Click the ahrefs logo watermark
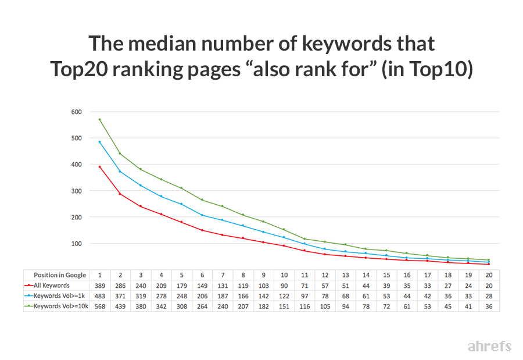point(489,347)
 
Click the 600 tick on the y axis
point(77,112)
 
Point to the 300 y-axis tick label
point(77,191)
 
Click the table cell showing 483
point(100,296)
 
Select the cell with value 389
point(100,286)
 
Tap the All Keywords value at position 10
point(284,286)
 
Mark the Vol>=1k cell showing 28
point(489,296)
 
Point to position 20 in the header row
point(489,275)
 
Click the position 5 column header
point(182,275)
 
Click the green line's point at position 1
point(100,119)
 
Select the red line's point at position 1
point(100,167)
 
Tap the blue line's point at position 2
point(120,172)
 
